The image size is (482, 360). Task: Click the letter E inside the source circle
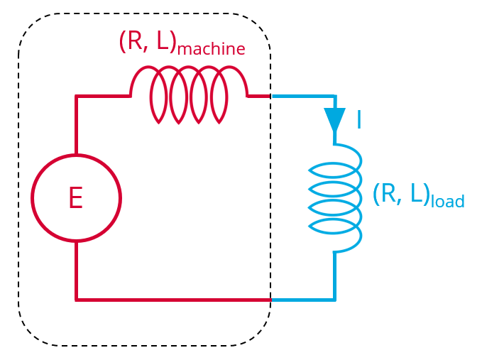click(76, 198)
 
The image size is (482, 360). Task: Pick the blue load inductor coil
click(336, 199)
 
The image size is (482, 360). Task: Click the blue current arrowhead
click(334, 119)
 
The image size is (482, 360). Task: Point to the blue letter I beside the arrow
click(358, 121)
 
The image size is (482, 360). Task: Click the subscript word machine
click(211, 49)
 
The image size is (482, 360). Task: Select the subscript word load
click(447, 202)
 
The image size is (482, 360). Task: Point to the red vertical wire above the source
click(76, 125)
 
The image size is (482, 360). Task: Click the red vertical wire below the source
click(76, 271)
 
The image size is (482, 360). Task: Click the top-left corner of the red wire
click(76, 96)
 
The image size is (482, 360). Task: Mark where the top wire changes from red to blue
click(271, 96)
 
